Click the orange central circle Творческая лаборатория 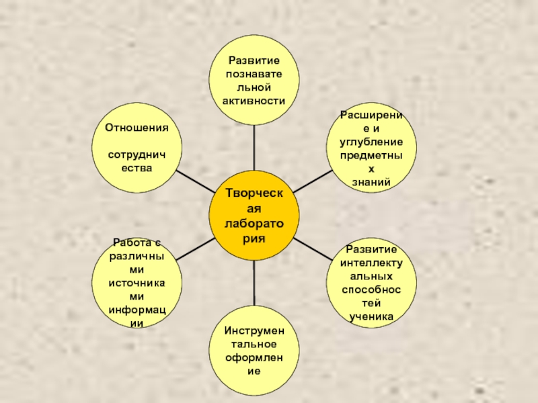tap(254, 216)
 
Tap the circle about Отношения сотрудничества tap(136, 148)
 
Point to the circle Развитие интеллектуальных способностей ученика tap(371, 283)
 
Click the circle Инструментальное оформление tap(254, 351)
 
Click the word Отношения tap(136, 127)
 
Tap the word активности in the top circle tap(254, 101)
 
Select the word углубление tap(371, 142)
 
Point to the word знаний tap(371, 182)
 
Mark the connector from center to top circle tap(254, 148)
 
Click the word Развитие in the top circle tap(254, 60)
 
